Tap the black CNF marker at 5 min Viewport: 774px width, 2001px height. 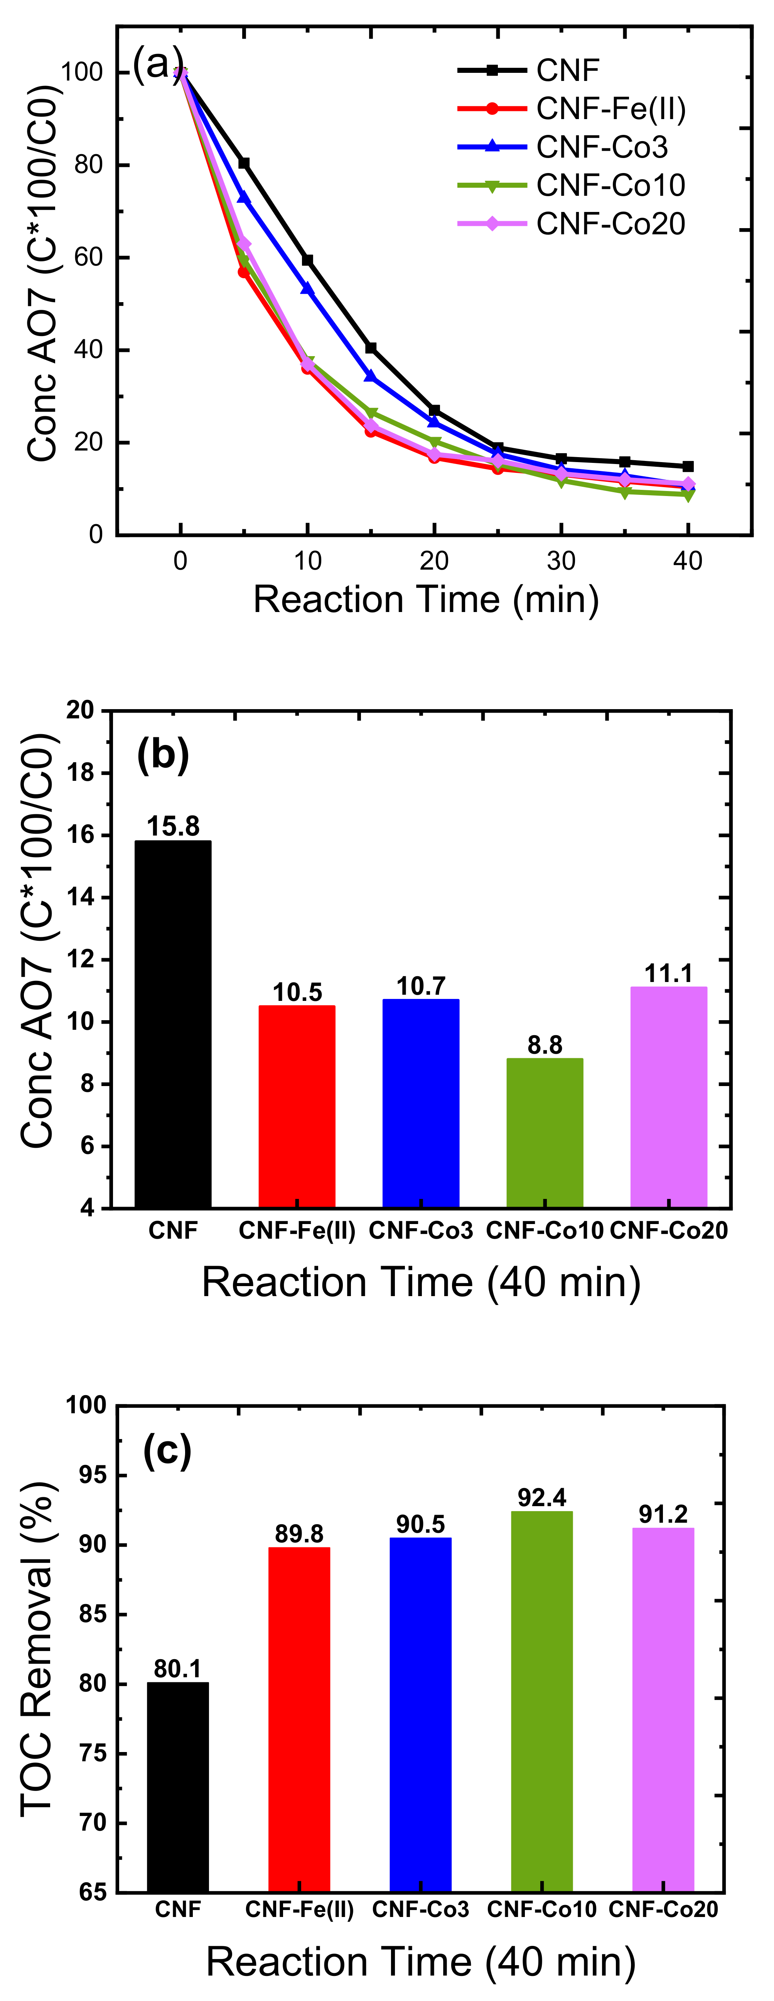pyautogui.click(x=244, y=163)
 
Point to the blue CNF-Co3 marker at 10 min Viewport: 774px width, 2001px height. pyautogui.click(x=308, y=288)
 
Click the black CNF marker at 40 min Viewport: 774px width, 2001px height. pyautogui.click(x=688, y=466)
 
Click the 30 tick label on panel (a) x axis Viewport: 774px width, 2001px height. pyautogui.click(x=561, y=561)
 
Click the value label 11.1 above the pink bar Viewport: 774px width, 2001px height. pyautogui.click(x=668, y=972)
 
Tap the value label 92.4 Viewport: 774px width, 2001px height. pyautogui.click(x=541, y=1498)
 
